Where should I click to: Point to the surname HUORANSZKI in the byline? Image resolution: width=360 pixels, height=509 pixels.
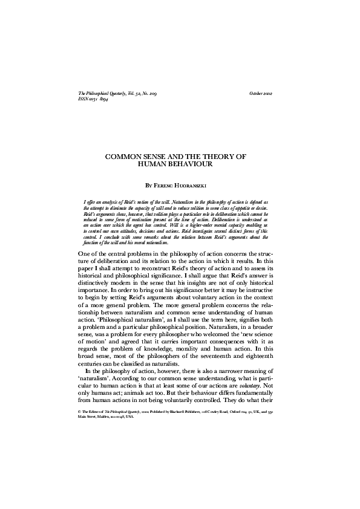(x=200, y=184)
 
